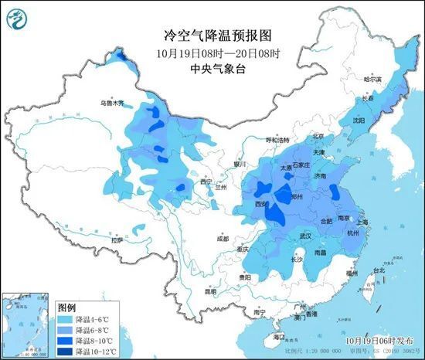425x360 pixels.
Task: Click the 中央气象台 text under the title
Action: pos(212,69)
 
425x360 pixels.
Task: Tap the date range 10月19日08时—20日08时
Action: pos(212,53)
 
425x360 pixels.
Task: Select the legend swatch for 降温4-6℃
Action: pos(68,317)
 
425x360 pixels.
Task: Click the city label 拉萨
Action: pos(117,241)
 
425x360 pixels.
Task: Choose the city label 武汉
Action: pos(305,236)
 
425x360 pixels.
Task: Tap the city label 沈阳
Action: pos(358,121)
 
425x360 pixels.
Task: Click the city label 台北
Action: pos(379,270)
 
